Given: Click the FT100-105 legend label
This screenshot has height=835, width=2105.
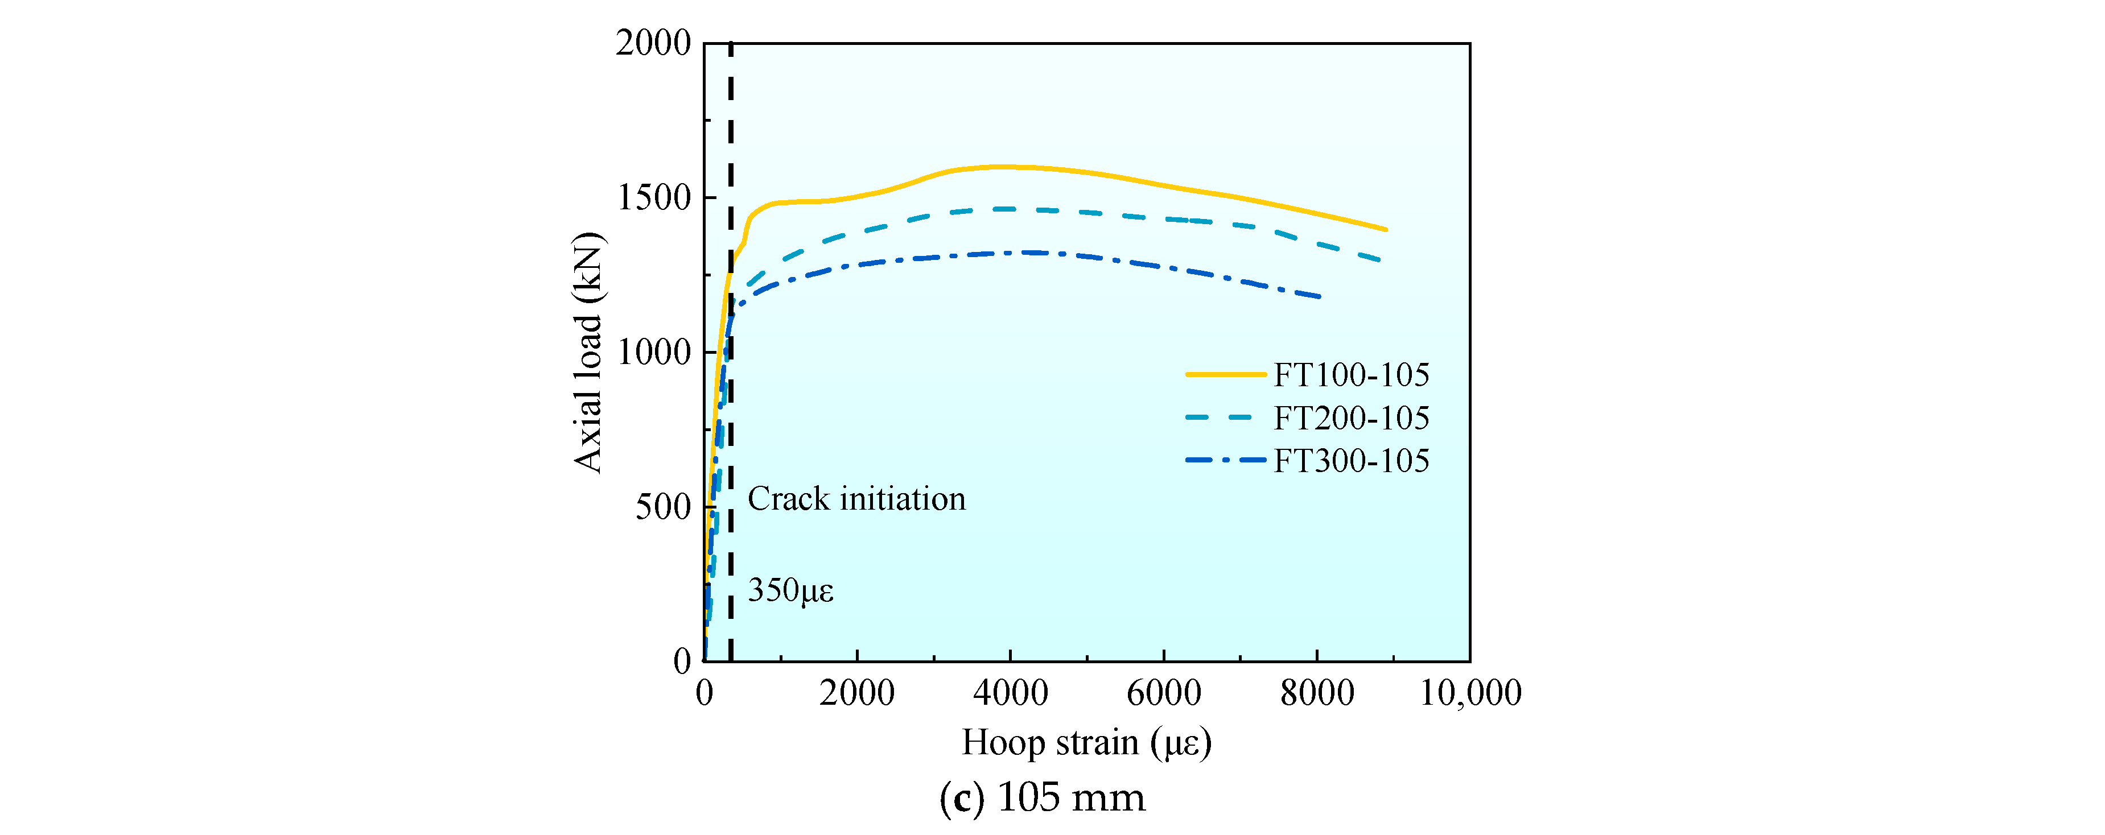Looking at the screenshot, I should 1351,375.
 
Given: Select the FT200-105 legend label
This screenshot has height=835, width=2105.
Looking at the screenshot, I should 1351,418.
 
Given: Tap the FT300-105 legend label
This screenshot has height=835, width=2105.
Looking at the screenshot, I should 1351,461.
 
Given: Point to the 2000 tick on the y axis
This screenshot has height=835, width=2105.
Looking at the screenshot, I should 653,43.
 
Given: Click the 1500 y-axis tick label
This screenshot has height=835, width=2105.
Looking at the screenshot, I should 653,198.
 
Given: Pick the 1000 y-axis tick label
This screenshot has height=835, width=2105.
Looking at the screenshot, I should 653,352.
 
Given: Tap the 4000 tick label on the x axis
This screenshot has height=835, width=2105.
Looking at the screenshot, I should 1010,693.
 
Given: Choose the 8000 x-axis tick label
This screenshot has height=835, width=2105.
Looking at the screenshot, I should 1316,693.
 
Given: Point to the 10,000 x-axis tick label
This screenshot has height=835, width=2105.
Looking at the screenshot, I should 1470,693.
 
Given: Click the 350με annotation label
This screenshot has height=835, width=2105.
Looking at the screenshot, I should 790,590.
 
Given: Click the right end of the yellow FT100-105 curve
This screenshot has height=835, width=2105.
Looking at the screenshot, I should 1386,230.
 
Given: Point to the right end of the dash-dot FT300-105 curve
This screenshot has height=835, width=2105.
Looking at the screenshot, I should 1319,296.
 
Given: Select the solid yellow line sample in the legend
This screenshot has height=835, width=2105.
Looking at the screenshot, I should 1225,374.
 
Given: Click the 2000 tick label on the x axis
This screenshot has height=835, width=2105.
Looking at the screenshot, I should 856,693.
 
